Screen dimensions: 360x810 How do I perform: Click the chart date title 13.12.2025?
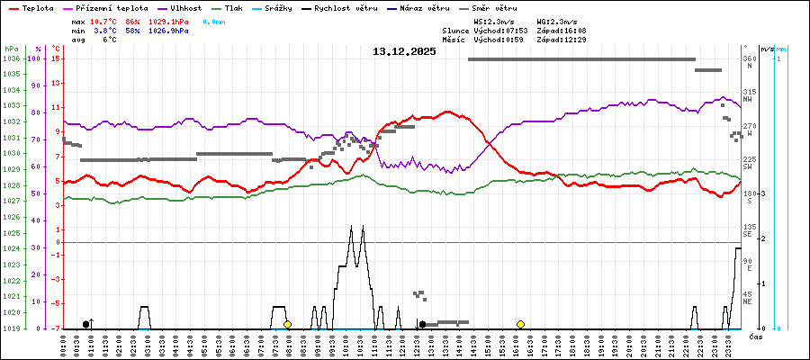[404, 51]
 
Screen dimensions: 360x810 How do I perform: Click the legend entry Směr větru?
[494, 7]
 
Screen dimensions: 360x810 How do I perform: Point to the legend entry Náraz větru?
[427, 7]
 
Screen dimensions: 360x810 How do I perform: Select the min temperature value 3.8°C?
[106, 30]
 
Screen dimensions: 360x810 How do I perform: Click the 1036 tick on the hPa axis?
[11, 58]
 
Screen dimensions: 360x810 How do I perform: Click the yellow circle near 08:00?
[287, 324]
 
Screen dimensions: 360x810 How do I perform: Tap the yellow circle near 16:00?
[520, 324]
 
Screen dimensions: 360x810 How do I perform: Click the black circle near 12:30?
[422, 324]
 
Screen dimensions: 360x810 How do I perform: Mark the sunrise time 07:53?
[514, 30]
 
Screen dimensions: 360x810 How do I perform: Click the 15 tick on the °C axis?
[56, 58]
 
